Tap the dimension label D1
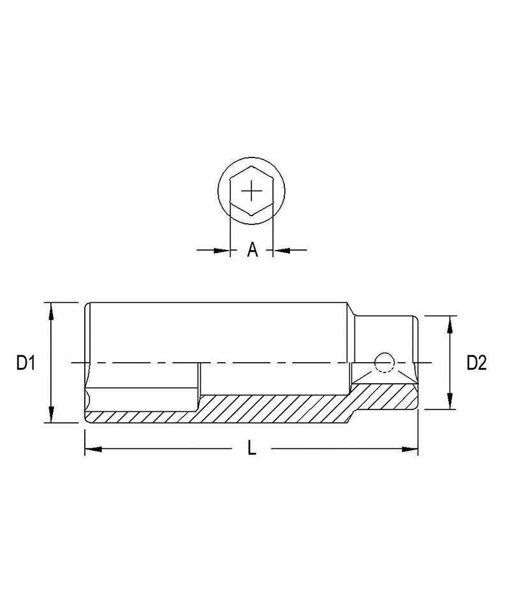tap(25, 363)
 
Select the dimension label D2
tap(476, 363)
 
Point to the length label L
tap(252, 449)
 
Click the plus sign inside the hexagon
tap(252, 190)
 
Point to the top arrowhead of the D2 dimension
tap(450, 321)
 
